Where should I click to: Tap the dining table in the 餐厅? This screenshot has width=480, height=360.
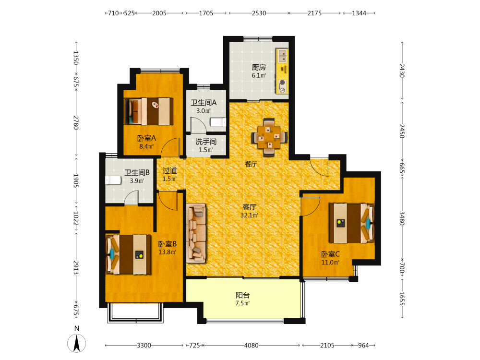click(269, 137)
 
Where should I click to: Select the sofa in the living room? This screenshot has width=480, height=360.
click(196, 233)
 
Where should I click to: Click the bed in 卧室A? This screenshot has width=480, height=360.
click(148, 111)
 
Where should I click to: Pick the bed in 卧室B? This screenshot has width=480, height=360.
click(128, 254)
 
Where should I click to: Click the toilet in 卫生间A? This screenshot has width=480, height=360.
click(218, 122)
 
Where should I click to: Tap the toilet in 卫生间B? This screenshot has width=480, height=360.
click(113, 180)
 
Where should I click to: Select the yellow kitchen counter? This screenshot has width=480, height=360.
click(282, 71)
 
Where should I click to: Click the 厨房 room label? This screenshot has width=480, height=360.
click(259, 67)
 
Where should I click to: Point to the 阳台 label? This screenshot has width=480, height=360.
click(243, 295)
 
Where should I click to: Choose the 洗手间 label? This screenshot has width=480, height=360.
click(206, 142)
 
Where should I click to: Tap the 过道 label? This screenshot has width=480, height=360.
click(169, 170)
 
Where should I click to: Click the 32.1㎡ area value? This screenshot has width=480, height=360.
click(250, 215)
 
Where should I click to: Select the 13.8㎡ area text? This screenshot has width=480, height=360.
click(168, 252)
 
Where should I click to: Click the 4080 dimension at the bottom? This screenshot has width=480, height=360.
click(251, 345)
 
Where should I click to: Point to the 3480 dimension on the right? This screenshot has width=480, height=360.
click(402, 218)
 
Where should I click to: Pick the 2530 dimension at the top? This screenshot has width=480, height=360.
click(259, 13)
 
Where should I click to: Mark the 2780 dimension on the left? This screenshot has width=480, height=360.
click(76, 122)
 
